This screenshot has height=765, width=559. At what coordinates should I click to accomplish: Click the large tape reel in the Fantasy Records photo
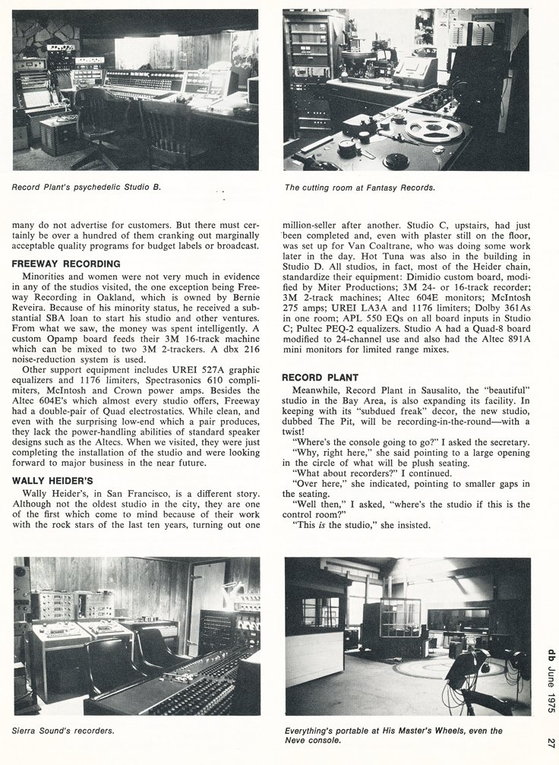pyautogui.click(x=434, y=129)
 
